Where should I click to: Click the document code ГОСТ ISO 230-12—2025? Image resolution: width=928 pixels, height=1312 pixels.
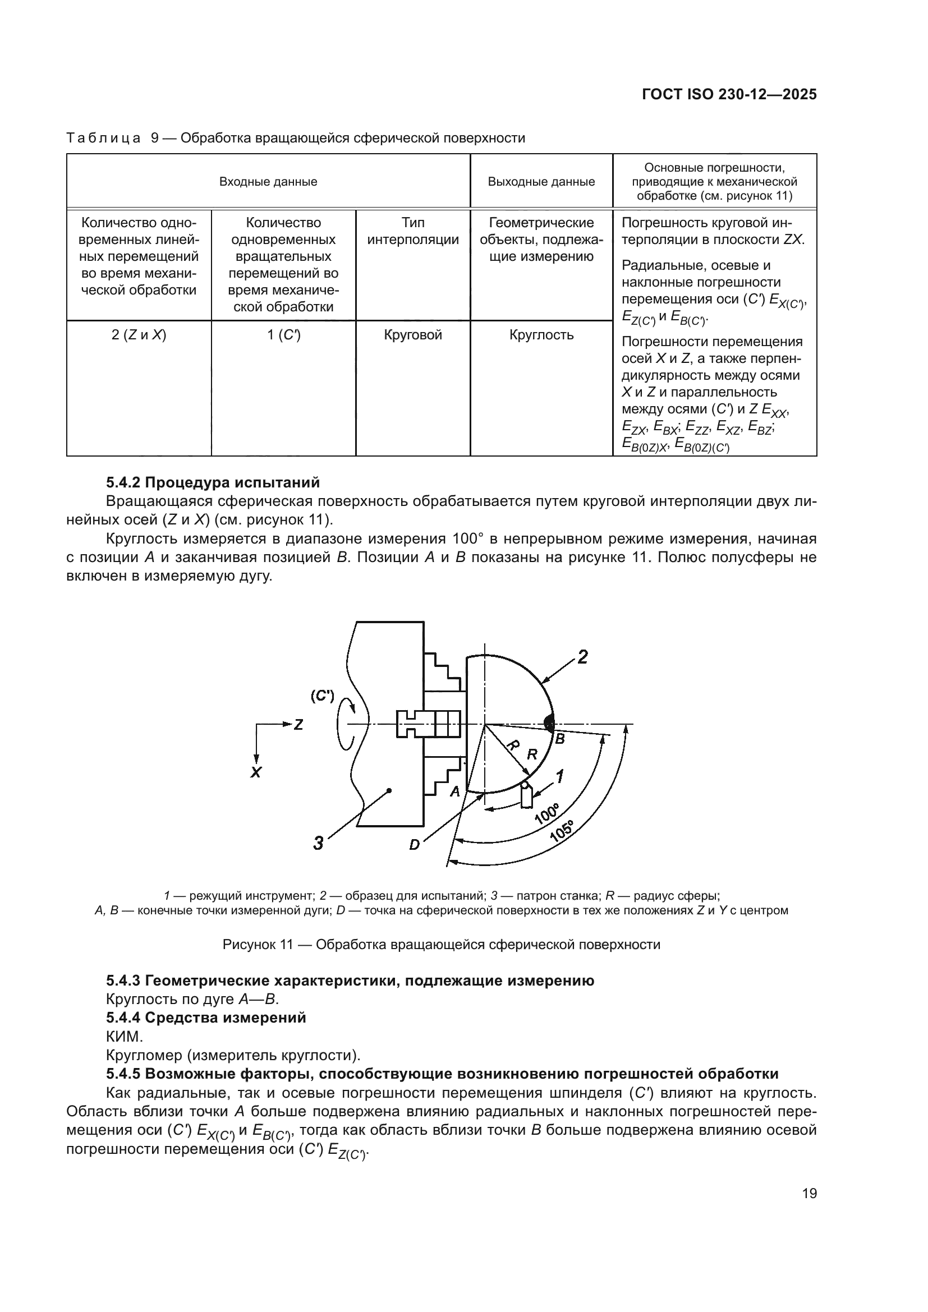(x=729, y=95)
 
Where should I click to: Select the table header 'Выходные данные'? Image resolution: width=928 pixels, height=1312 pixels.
(x=540, y=182)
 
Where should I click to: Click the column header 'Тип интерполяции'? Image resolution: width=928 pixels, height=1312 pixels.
(x=412, y=231)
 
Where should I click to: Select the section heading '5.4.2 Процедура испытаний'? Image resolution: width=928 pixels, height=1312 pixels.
(x=213, y=483)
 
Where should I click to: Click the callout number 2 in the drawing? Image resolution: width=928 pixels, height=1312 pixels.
(x=582, y=658)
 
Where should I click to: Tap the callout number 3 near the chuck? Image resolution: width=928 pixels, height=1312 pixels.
(x=318, y=843)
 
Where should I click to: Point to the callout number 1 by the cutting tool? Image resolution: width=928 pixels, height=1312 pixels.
(x=560, y=776)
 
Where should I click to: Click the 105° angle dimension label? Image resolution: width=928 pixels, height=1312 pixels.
(x=562, y=831)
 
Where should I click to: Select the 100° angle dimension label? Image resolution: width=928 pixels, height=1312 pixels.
(x=547, y=813)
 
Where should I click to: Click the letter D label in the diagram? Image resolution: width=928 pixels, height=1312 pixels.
(x=414, y=845)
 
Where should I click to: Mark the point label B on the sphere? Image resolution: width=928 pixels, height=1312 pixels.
(x=560, y=739)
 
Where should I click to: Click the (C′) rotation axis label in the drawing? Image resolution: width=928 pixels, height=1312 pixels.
(x=322, y=697)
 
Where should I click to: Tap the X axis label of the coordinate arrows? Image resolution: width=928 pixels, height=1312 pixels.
(x=256, y=772)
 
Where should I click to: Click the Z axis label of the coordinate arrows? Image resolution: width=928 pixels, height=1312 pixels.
(x=298, y=725)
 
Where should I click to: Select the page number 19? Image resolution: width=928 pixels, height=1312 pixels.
(x=809, y=1194)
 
